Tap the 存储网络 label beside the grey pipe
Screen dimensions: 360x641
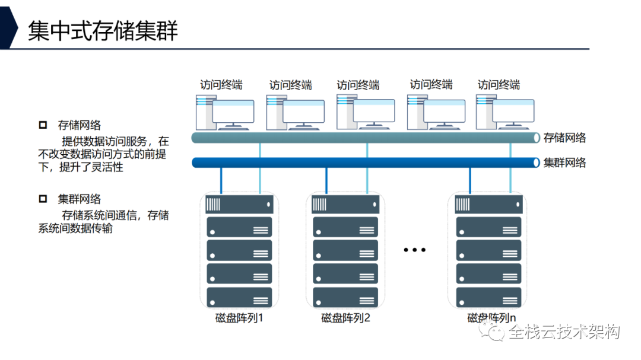click(x=564, y=138)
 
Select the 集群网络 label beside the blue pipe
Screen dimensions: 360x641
click(x=564, y=163)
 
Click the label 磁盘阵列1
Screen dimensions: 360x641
click(x=239, y=318)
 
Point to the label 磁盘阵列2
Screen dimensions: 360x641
click(x=346, y=318)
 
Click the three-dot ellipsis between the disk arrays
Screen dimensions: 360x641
click(x=415, y=250)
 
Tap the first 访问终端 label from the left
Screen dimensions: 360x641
click(x=221, y=85)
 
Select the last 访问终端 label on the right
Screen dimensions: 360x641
click(x=499, y=85)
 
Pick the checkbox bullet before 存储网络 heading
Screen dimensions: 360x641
click(x=42, y=125)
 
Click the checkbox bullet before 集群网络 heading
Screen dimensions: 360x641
click(x=42, y=199)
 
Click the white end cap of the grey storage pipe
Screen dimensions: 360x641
click(x=537, y=138)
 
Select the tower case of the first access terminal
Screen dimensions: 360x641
click(x=204, y=112)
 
